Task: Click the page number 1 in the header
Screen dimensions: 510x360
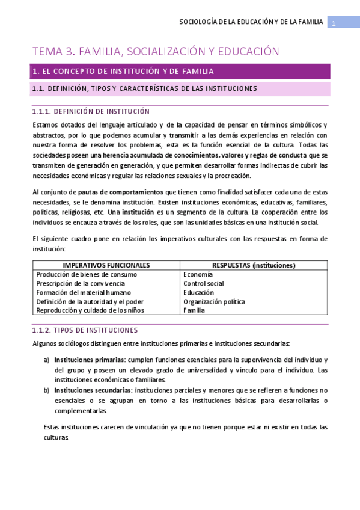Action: [x=334, y=23]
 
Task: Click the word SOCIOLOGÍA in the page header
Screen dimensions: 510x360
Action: [x=200, y=23]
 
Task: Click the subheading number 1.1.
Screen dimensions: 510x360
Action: [x=38, y=89]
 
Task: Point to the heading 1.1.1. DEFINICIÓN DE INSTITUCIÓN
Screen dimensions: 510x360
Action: [x=91, y=111]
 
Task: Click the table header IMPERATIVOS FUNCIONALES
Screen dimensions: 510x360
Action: [x=106, y=265]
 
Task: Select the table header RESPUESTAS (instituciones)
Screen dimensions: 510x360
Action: [x=254, y=265]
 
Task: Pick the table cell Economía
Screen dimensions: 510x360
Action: [x=198, y=274]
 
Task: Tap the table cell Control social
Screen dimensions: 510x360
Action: [x=204, y=283]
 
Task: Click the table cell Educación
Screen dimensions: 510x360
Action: [x=198, y=292]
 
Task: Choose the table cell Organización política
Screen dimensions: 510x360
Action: [x=214, y=301]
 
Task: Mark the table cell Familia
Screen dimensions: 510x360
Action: [x=194, y=310]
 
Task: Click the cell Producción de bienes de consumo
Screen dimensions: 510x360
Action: [x=87, y=274]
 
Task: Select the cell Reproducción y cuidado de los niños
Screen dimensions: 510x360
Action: [x=90, y=310]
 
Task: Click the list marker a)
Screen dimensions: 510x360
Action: [x=47, y=360]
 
